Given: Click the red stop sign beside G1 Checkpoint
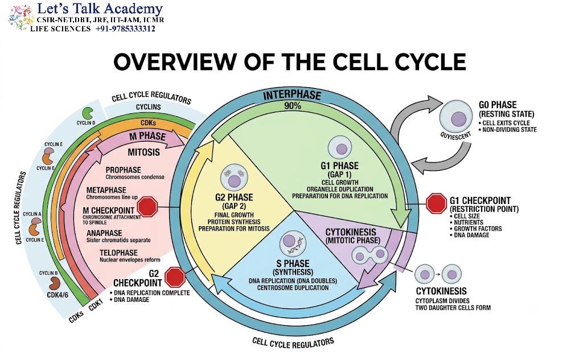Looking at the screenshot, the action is pos(436,203).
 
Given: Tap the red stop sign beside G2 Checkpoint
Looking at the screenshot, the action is pos(175,277).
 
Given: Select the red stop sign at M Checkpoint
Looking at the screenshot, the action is pos(147,206).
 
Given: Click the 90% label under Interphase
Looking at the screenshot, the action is pos(293,106).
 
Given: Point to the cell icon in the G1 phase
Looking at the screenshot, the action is pos(340,148).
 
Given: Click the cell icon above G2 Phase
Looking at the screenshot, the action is pos(234,178).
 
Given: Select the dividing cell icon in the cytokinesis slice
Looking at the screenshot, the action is pos(370,255).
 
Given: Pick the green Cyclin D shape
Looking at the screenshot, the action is pos(88,113).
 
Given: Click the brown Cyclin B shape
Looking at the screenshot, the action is pos(54,284).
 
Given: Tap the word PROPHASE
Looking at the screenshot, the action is pos(123,170).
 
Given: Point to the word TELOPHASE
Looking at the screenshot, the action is pos(118,253).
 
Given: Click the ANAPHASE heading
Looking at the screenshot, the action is pos(104,233).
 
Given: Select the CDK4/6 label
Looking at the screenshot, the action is pos(58,295).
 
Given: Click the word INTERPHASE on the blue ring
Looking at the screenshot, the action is pos(292,95).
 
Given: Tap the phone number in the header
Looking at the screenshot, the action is pos(125,29).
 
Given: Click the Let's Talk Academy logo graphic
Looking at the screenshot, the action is pos(21,18).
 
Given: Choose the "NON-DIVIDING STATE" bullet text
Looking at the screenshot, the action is pos(510,130).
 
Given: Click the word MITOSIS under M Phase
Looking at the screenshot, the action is pos(144,152).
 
